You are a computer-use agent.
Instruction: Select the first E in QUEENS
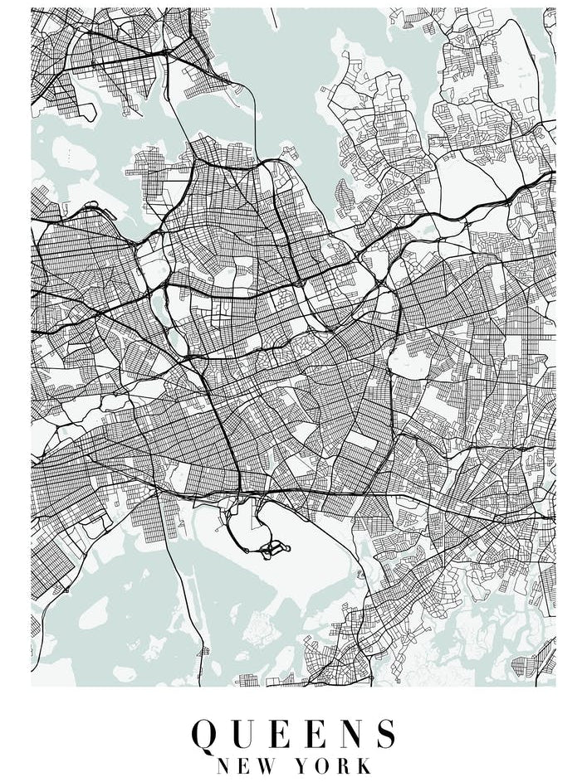285,734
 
